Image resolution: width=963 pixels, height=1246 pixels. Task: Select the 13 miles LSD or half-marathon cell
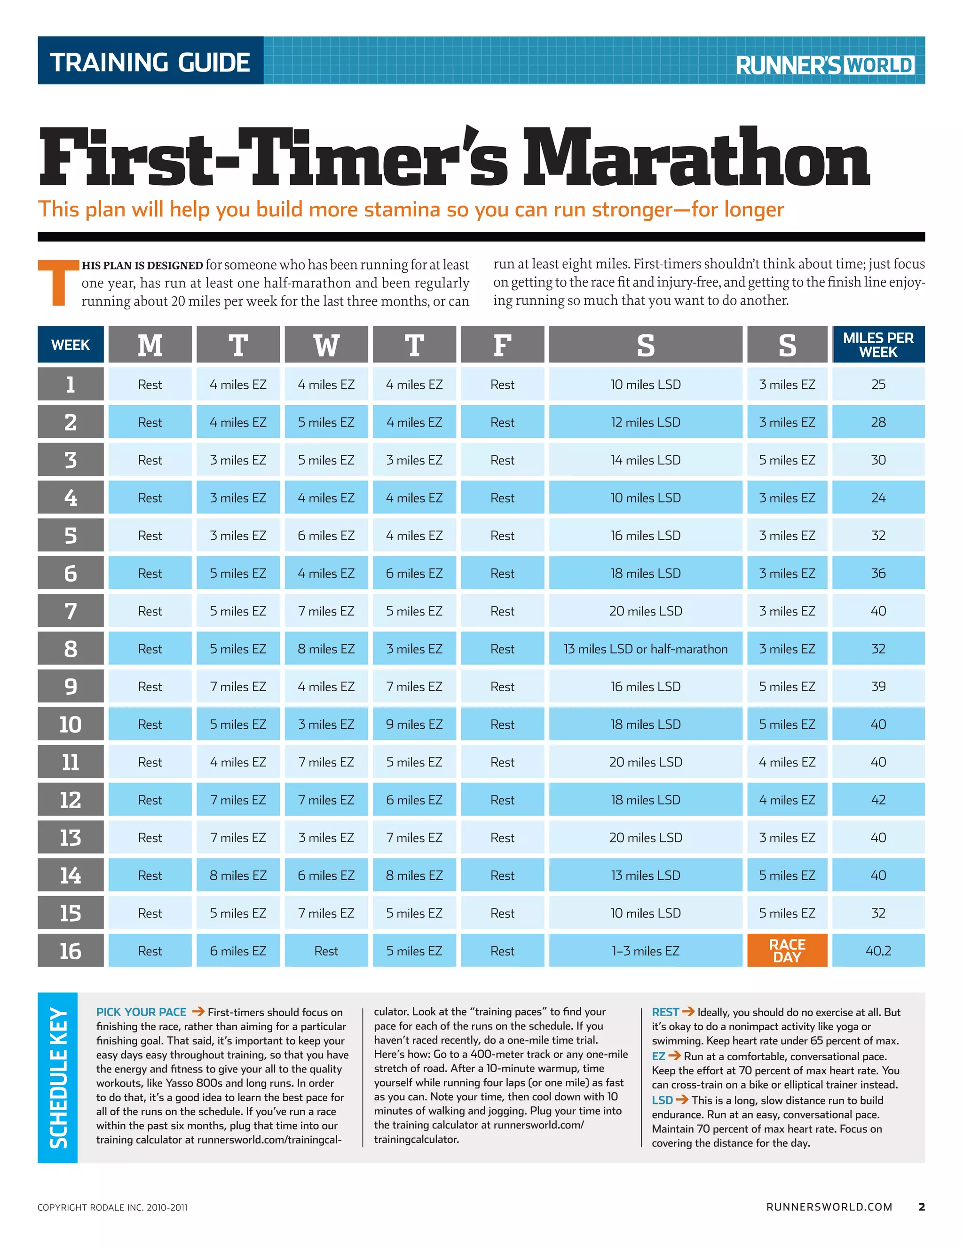[645, 649]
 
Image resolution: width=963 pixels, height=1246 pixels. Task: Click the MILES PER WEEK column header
[878, 345]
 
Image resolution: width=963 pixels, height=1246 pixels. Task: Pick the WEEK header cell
[70, 345]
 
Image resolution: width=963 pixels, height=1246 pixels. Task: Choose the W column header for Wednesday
[326, 345]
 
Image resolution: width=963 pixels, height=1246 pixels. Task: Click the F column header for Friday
[502, 345]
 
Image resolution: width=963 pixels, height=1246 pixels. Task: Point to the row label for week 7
[70, 611]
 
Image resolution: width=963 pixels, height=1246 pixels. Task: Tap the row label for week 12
[70, 800]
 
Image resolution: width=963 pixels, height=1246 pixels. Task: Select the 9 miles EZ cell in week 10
[414, 724]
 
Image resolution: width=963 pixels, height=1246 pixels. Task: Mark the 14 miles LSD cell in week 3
[645, 460]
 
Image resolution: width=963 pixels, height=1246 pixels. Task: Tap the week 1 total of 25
[878, 385]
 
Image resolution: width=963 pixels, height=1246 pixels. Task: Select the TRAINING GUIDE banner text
[150, 62]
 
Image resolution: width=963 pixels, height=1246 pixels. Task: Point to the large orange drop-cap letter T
[58, 283]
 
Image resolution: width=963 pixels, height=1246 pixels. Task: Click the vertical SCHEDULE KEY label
[58, 1077]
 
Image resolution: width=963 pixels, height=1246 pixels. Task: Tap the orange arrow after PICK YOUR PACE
[198, 1011]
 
